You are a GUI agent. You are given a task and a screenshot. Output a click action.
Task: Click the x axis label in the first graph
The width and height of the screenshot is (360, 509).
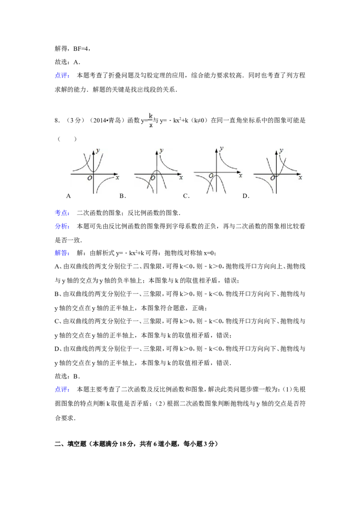click(117, 178)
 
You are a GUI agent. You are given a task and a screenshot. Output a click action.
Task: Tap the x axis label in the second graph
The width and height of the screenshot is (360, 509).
click(181, 178)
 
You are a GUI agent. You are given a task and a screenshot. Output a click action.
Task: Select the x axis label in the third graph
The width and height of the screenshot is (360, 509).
click(241, 175)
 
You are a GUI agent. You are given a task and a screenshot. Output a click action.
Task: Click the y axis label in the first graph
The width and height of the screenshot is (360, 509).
click(98, 150)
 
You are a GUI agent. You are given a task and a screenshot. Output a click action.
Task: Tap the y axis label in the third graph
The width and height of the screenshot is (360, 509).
click(221, 147)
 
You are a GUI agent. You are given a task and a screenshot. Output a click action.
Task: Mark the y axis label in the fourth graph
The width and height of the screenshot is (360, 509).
click(281, 150)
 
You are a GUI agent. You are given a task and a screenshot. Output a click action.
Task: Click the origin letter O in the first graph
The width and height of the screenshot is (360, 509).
click(90, 178)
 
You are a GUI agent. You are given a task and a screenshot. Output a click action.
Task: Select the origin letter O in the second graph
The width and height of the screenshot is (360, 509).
click(153, 178)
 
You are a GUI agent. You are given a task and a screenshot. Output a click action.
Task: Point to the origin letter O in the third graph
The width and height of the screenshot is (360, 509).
click(211, 175)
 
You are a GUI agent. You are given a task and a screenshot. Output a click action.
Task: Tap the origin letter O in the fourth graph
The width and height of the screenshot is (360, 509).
click(272, 178)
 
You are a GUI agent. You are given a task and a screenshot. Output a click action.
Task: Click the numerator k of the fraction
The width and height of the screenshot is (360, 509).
click(151, 116)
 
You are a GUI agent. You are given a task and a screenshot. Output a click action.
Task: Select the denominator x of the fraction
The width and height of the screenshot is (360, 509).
click(151, 125)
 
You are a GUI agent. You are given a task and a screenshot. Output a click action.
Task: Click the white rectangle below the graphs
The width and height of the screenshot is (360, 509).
click(207, 214)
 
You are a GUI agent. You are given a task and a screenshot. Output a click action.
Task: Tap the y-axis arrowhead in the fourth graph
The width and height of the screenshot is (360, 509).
click(276, 149)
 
